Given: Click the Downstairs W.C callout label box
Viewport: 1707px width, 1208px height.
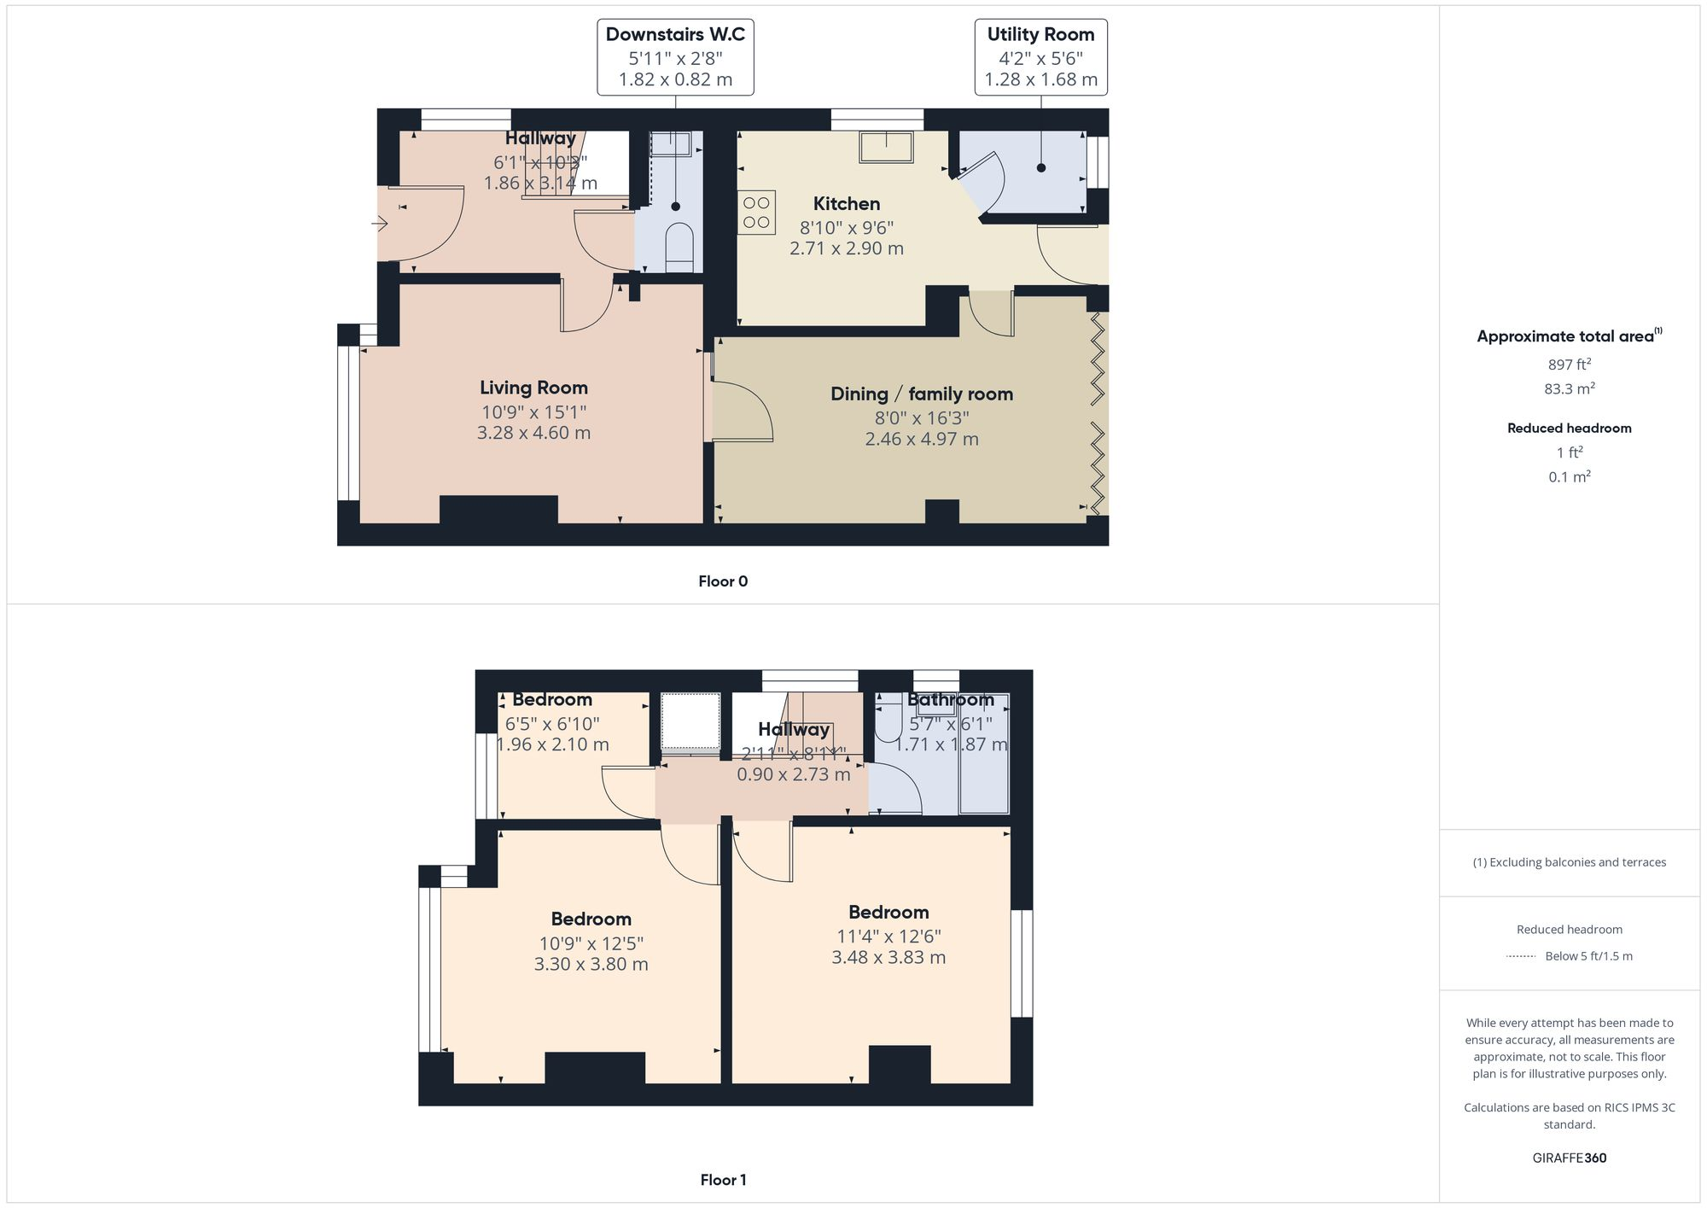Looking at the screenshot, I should point(675,57).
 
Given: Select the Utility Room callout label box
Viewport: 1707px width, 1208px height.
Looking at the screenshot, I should point(1040,57).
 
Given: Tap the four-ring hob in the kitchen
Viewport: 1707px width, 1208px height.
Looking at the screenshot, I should point(756,213).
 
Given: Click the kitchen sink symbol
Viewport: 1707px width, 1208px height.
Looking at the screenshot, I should point(886,147).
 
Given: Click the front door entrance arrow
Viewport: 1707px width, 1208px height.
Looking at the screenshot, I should point(380,224).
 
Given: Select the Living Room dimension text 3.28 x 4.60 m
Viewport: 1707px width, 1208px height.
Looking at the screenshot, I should point(533,433).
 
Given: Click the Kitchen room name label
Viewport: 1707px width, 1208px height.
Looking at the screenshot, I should point(846,204).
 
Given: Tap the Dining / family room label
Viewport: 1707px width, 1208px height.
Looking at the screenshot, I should point(921,394).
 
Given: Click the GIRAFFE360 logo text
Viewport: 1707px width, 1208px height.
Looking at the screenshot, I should point(1569,1158).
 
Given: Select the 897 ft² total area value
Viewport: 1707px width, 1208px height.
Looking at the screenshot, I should point(1569,365).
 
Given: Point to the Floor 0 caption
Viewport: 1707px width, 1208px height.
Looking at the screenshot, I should point(722,581).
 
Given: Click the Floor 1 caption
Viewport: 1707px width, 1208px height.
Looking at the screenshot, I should point(722,1180).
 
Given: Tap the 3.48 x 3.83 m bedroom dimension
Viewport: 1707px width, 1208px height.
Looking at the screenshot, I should point(888,958).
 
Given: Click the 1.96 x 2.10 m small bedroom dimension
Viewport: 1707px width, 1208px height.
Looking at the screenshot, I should point(553,744).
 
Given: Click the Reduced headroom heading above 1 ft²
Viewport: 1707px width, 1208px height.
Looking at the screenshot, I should point(1569,429).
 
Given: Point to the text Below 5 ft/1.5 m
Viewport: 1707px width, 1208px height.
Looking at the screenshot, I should point(1588,956).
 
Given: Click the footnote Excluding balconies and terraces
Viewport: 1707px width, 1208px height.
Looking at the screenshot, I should point(1569,862).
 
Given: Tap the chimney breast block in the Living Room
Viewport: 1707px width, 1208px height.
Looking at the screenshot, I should point(498,510).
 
